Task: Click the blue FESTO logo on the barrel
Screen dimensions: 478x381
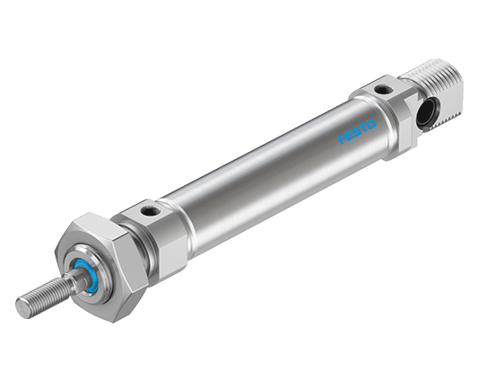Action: (x=357, y=132)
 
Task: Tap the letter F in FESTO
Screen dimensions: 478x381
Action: (x=342, y=139)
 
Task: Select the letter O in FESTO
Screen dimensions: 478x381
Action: (x=372, y=124)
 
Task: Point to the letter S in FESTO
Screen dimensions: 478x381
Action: (x=358, y=131)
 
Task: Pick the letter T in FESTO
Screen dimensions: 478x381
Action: (x=364, y=128)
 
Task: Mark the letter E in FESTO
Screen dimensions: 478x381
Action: (x=350, y=136)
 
